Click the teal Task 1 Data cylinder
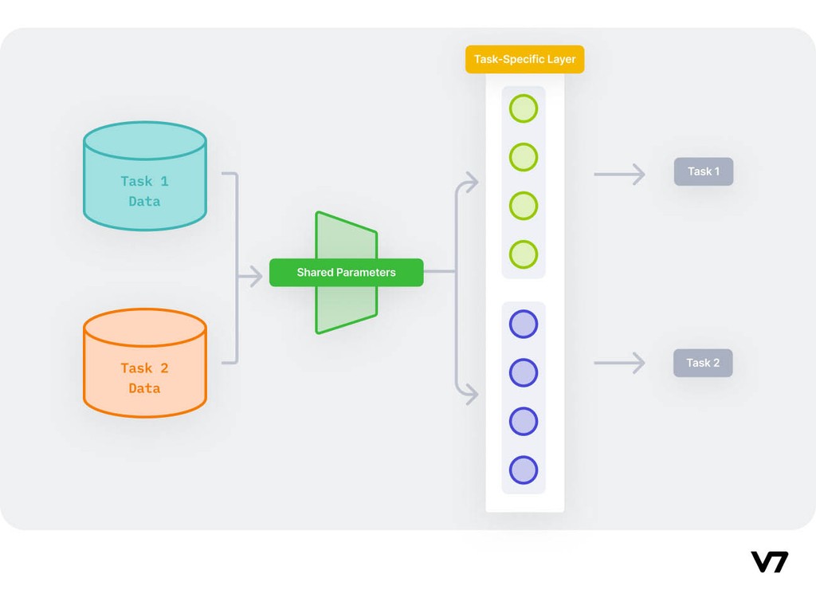pyautogui.click(x=145, y=177)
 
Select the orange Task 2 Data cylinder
pyautogui.click(x=145, y=364)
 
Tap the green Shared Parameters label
pyautogui.click(x=346, y=273)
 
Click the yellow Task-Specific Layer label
pyautogui.click(x=524, y=60)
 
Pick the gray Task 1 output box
pyautogui.click(x=703, y=171)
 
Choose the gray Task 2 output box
pyautogui.click(x=703, y=363)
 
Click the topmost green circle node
pyautogui.click(x=524, y=108)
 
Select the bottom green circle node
pyautogui.click(x=524, y=254)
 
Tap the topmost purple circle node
pyautogui.click(x=524, y=324)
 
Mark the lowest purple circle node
pyautogui.click(x=524, y=470)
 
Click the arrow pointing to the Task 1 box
pyautogui.click(x=620, y=174)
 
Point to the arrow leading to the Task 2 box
pyautogui.click(x=620, y=363)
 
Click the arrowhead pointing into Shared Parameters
pyautogui.click(x=255, y=277)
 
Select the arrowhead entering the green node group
pyautogui.click(x=472, y=183)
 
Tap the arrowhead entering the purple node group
pyautogui.click(x=472, y=393)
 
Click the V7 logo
pyautogui.click(x=769, y=562)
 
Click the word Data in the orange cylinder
pyautogui.click(x=144, y=388)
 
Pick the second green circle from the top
pyautogui.click(x=524, y=157)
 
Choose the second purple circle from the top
pyautogui.click(x=524, y=372)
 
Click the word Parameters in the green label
pyautogui.click(x=365, y=273)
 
